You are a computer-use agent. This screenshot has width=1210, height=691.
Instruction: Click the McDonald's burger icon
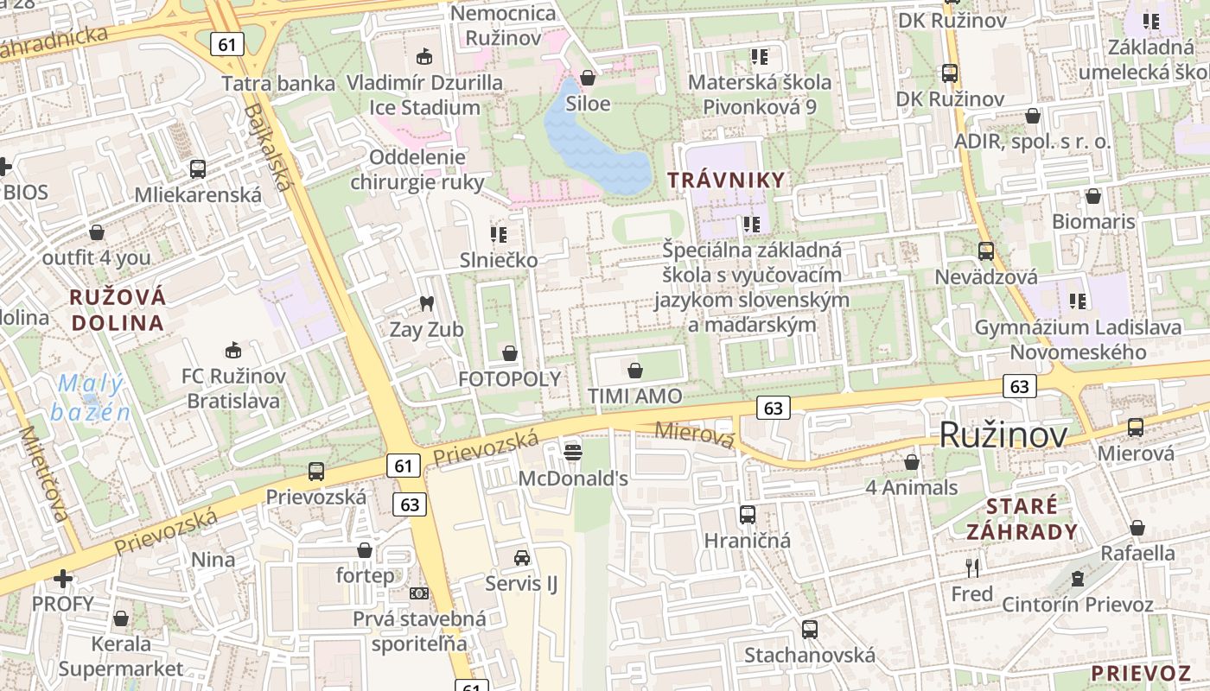point(572,452)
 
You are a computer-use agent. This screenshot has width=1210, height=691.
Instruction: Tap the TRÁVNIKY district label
point(726,181)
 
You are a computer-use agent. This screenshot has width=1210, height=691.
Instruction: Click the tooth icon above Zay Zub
point(425,303)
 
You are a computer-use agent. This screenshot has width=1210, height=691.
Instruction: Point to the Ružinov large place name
point(1003,435)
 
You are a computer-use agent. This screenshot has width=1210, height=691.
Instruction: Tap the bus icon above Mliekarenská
point(197,168)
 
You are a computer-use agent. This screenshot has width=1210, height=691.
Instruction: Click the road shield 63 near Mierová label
point(773,408)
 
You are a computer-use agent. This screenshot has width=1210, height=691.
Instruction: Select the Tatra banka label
point(278,84)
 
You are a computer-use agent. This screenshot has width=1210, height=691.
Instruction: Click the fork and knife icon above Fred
point(972,567)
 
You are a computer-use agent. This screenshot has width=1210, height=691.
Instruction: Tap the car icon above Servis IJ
point(522,557)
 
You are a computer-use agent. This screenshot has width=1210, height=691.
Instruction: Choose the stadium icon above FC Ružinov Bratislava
point(232,350)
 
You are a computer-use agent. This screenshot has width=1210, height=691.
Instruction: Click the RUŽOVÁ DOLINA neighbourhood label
point(118,310)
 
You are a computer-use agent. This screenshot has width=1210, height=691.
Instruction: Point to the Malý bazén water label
point(90,397)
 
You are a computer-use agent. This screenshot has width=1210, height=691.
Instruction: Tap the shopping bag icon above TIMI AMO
point(635,371)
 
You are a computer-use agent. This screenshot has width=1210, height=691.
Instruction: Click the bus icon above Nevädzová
point(985,251)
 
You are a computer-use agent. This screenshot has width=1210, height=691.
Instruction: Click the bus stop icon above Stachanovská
point(809,629)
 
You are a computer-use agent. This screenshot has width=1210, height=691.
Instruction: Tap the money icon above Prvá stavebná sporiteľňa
point(419,593)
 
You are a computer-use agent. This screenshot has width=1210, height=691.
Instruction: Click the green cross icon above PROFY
point(62,578)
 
